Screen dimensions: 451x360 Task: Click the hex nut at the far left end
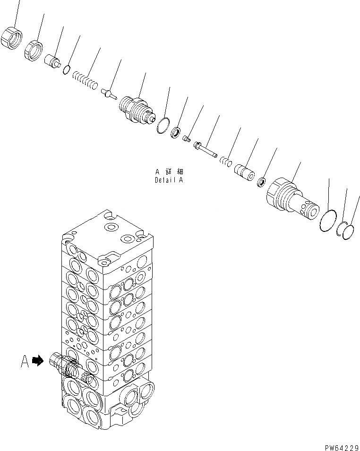click(13, 39)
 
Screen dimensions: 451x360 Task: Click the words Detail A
click(169, 180)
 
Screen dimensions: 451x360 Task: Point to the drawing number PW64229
click(340, 444)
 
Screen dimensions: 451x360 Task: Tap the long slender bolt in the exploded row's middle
click(205, 149)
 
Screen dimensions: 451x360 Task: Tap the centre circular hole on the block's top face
click(111, 228)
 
